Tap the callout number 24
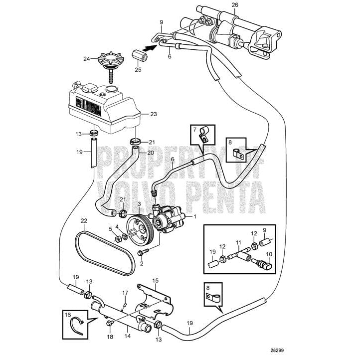(87, 58)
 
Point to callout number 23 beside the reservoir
(153, 114)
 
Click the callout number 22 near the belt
(84, 220)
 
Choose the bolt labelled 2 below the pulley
(141, 254)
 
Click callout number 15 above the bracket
(155, 281)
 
